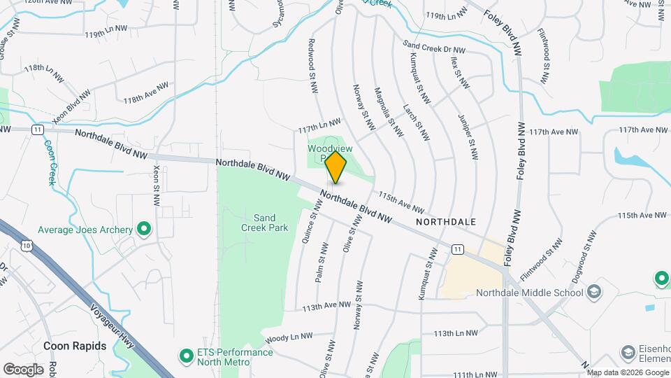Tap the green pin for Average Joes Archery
click(x=144, y=229)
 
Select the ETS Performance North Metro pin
click(x=187, y=356)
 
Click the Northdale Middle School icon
click(x=594, y=291)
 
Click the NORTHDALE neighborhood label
click(x=445, y=221)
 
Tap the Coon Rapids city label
click(x=75, y=346)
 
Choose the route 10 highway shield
click(x=26, y=246)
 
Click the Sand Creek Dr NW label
click(x=434, y=48)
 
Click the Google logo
click(x=23, y=369)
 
